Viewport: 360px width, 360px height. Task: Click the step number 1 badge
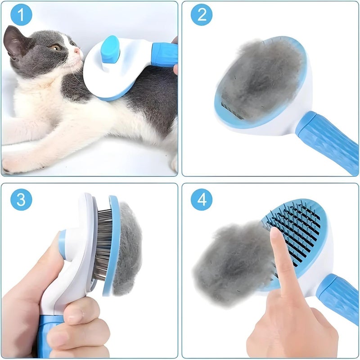pos(21,16)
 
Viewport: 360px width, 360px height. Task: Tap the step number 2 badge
pos(202,16)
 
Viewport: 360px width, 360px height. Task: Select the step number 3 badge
pos(21,199)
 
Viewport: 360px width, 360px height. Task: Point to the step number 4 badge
pos(202,199)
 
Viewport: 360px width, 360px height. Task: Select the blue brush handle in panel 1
pos(164,54)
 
